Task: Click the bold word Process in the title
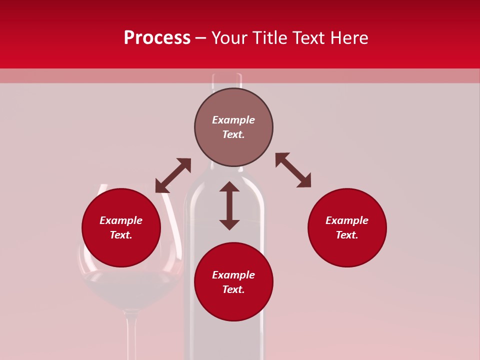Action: tap(157, 38)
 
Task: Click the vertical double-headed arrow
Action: tap(229, 205)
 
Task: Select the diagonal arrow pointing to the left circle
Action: tap(173, 175)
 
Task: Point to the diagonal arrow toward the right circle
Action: tap(293, 170)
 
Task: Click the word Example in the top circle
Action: tap(233, 120)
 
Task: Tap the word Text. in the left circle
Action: tap(121, 235)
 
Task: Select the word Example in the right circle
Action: tap(347, 220)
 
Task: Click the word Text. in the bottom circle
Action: tap(233, 289)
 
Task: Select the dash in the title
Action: tap(200, 38)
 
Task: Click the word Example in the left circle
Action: tap(121, 220)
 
